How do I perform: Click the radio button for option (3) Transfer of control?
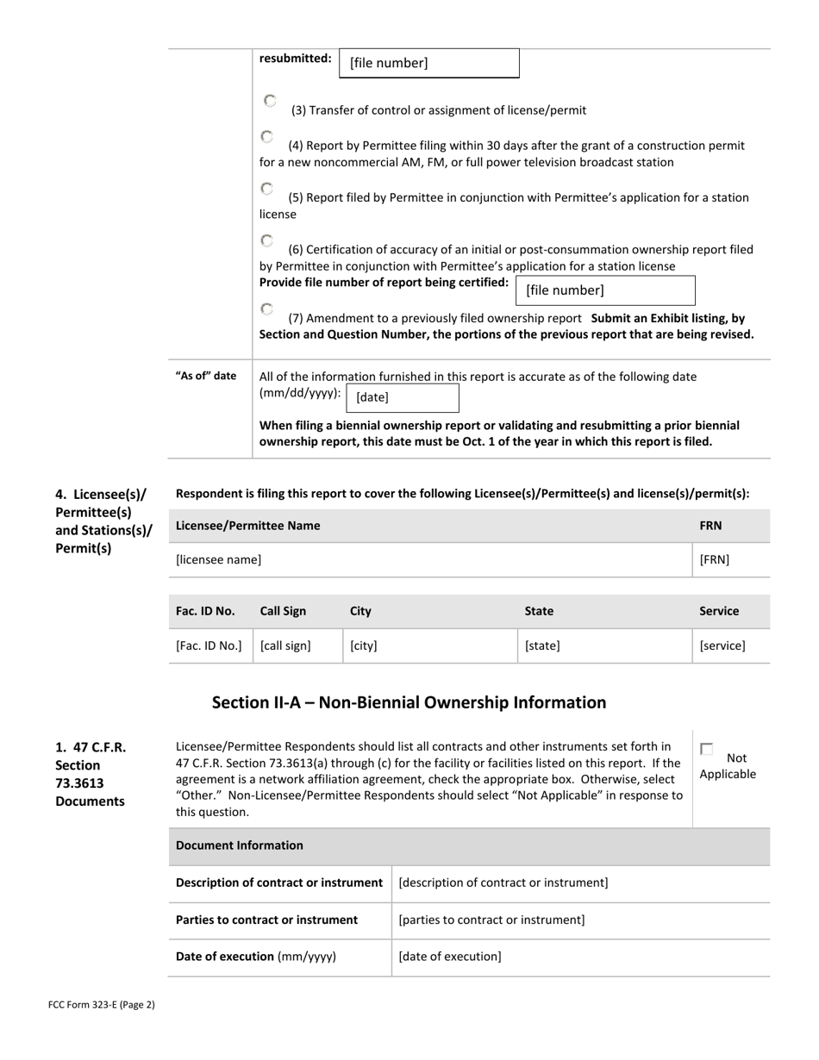tap(270, 101)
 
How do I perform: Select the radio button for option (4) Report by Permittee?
tap(267, 137)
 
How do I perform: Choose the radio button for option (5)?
tap(267, 189)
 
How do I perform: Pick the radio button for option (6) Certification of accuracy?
tap(267, 240)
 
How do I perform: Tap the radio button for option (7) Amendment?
tap(267, 309)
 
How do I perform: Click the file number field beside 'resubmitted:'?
tap(429, 63)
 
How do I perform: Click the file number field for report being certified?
tap(605, 290)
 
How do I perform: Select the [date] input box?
tap(402, 397)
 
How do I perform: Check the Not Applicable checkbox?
tap(707, 750)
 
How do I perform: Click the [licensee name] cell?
tap(429, 560)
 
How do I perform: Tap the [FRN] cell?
tap(730, 560)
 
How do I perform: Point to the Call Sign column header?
tap(283, 611)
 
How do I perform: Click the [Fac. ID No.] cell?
tap(209, 645)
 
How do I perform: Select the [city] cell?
tap(429, 645)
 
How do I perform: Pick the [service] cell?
tap(730, 645)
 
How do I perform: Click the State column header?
tap(539, 611)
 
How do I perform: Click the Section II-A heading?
tap(409, 702)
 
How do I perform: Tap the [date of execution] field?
tap(580, 957)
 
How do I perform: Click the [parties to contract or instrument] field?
tap(580, 920)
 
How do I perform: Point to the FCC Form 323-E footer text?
tap(102, 1004)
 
